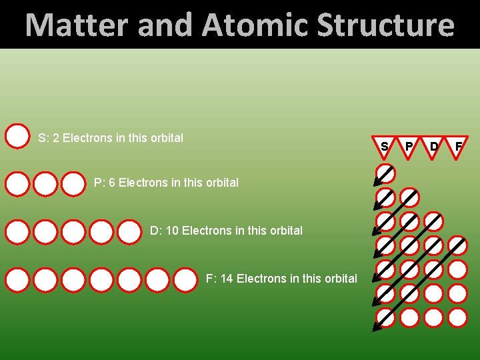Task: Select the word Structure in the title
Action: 385,25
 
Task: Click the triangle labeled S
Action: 385,147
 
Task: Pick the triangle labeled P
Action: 409,147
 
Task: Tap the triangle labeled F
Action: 458,147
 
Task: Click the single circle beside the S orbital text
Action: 17,135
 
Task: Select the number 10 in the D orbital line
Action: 172,231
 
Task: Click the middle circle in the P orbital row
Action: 45,183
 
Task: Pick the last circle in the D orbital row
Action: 129,232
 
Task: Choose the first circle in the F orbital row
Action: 17,280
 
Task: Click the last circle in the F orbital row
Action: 185,280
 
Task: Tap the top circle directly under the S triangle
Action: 385,174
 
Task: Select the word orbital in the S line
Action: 167,138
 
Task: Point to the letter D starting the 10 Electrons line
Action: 154,231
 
